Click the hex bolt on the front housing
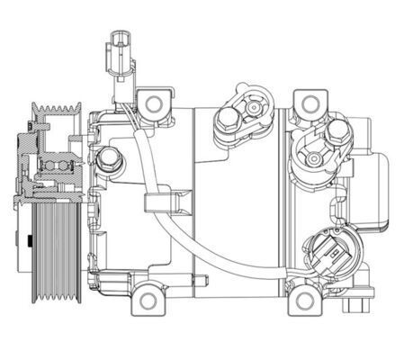click(111, 159)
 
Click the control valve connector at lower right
click(328, 253)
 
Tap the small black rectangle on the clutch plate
click(30, 241)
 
